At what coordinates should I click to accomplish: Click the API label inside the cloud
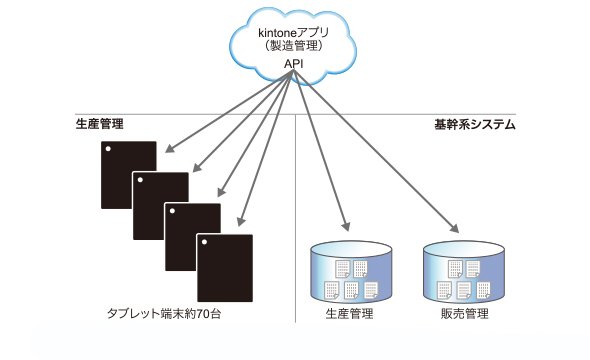pyautogui.click(x=293, y=64)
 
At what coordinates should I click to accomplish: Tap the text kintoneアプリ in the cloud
pyautogui.click(x=293, y=33)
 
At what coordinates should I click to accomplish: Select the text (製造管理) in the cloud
pyautogui.click(x=293, y=46)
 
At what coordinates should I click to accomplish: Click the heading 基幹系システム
pyautogui.click(x=475, y=125)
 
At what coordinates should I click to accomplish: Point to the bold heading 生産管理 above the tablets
pyautogui.click(x=100, y=124)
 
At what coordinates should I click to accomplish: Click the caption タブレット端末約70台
pyautogui.click(x=164, y=313)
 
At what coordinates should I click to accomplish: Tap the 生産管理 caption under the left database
pyautogui.click(x=350, y=313)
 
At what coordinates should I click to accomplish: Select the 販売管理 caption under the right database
pyautogui.click(x=465, y=313)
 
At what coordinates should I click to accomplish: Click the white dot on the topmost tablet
pyautogui.click(x=108, y=149)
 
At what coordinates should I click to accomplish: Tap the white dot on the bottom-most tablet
pyautogui.click(x=204, y=242)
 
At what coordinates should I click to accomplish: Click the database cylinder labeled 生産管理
pyautogui.click(x=351, y=271)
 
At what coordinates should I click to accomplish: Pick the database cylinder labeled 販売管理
pyautogui.click(x=464, y=271)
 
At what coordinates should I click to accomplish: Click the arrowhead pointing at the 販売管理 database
pyautogui.click(x=454, y=228)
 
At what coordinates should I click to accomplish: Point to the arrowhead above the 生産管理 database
pyautogui.click(x=346, y=226)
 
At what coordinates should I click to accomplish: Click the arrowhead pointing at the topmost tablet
pyautogui.click(x=170, y=149)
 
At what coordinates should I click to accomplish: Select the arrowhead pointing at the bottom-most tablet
pyautogui.click(x=241, y=221)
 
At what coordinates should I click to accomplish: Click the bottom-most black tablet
pyautogui.click(x=225, y=268)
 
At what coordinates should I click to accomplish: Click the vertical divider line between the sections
pyautogui.click(x=296, y=218)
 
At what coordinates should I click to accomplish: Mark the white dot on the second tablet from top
pyautogui.click(x=140, y=180)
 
